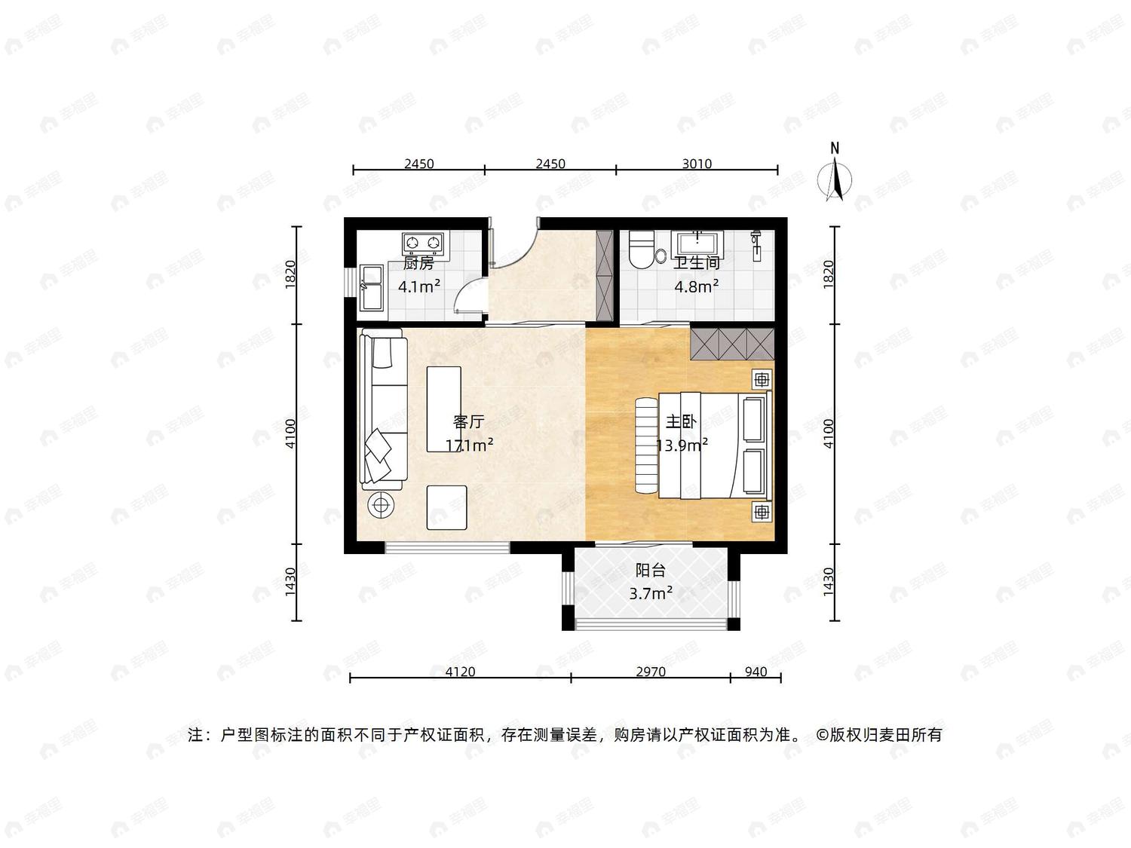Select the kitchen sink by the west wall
(372, 289)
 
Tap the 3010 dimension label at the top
(697, 164)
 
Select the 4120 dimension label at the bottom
(460, 672)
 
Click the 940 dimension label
(756, 672)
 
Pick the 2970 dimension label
(650, 672)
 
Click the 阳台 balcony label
(650, 570)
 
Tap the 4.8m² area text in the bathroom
(697, 286)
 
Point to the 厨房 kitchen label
(418, 264)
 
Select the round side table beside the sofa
(381, 506)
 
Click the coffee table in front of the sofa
(443, 409)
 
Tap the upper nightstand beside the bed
(762, 380)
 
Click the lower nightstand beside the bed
(762, 512)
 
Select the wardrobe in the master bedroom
(732, 344)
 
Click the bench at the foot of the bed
(647, 445)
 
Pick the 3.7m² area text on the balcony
(650, 593)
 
